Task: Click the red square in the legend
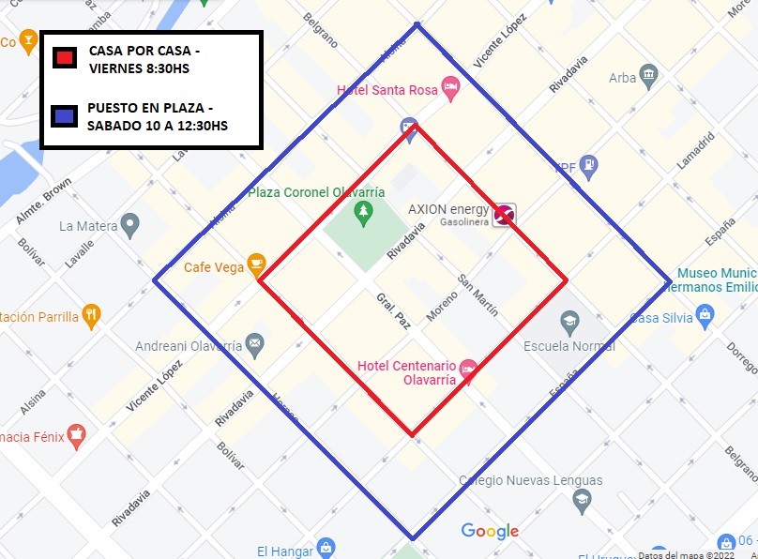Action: pos(65,57)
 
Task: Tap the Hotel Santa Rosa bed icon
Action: pos(450,89)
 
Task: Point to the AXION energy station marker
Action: pos(504,215)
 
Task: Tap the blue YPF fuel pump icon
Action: pos(589,166)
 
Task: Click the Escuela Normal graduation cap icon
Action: pos(569,324)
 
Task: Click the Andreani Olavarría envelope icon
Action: pos(254,345)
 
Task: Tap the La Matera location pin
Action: pos(129,225)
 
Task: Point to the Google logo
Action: pos(490,532)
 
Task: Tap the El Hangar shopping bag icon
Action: pos(326,549)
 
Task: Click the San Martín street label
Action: pos(478,294)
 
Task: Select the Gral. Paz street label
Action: pos(393,310)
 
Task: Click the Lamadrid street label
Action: pos(693,150)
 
